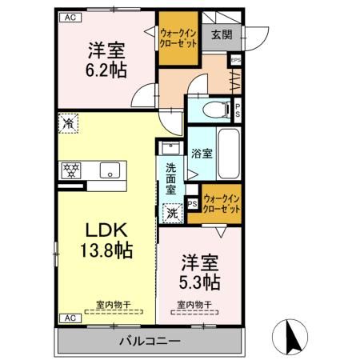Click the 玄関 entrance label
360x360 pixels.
(222, 34)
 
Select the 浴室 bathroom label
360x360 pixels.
(202, 153)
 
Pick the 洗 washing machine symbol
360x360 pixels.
(172, 214)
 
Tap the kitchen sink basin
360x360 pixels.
(109, 170)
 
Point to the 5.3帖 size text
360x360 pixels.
(200, 281)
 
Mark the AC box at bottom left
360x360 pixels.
(69, 318)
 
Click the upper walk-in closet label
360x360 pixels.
(178, 37)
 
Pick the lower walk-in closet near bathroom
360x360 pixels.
(222, 203)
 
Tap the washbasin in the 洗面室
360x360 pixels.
(170, 149)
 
